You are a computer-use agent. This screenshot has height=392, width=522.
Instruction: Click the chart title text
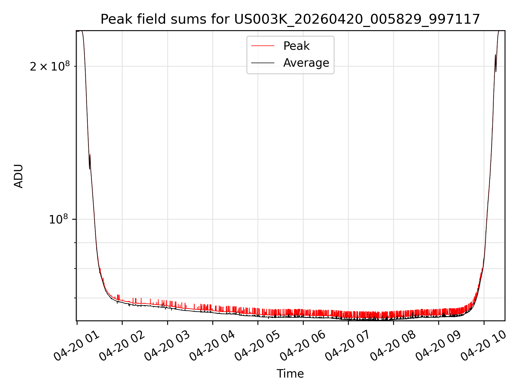click(x=290, y=19)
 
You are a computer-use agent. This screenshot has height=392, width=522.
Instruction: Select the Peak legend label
click(x=296, y=46)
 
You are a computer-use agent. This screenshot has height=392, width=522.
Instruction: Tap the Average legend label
click(x=306, y=63)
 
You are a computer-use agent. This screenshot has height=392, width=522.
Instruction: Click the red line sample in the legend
click(x=263, y=46)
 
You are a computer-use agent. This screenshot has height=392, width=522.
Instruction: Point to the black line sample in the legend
click(x=263, y=63)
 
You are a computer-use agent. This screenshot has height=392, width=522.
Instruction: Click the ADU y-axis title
click(x=18, y=176)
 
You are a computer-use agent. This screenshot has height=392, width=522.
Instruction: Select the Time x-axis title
click(x=290, y=373)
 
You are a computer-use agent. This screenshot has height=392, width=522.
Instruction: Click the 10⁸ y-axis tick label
click(x=58, y=219)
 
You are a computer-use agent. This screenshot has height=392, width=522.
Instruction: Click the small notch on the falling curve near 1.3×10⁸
click(x=90, y=161)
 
